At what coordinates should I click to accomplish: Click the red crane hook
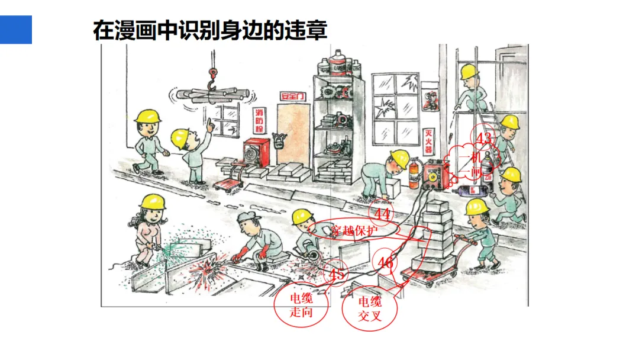211,75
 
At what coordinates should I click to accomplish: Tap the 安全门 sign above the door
292,95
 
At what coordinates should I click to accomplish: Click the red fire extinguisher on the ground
414,175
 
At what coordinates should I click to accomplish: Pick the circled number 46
385,263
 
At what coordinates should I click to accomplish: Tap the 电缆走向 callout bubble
301,306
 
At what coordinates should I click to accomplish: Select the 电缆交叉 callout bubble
370,308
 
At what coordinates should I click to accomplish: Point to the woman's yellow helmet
153,201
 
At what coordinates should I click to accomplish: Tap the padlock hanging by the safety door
277,142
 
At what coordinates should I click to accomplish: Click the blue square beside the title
15,30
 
